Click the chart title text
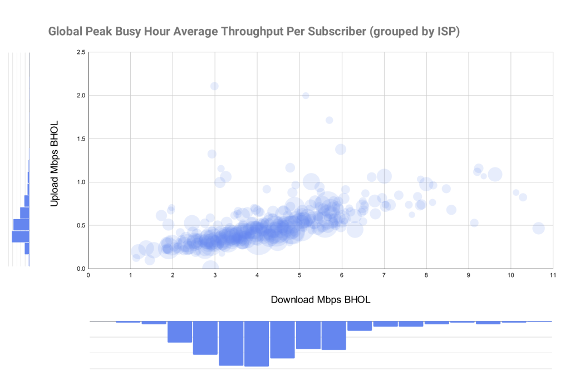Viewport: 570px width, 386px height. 254,32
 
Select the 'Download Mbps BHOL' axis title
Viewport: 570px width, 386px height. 321,299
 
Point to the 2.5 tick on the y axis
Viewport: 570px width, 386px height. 81,52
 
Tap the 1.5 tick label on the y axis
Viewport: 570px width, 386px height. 81,138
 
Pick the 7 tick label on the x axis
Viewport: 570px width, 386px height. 384,275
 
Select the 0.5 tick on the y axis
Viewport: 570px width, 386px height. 81,225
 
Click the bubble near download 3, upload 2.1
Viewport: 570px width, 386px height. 214,86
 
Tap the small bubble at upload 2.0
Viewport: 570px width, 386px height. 306,96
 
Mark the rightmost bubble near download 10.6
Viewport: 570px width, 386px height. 538,228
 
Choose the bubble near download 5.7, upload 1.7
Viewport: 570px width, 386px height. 329,120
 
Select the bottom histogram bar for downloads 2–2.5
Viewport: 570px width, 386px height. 180,331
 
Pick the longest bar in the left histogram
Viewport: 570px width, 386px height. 20,236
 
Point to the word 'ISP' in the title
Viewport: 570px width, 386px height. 445,32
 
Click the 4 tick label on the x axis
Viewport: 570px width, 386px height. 257,275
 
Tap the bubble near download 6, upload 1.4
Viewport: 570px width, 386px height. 341,149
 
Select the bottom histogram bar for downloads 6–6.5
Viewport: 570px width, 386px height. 360,326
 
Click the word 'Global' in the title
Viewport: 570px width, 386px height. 65,32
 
